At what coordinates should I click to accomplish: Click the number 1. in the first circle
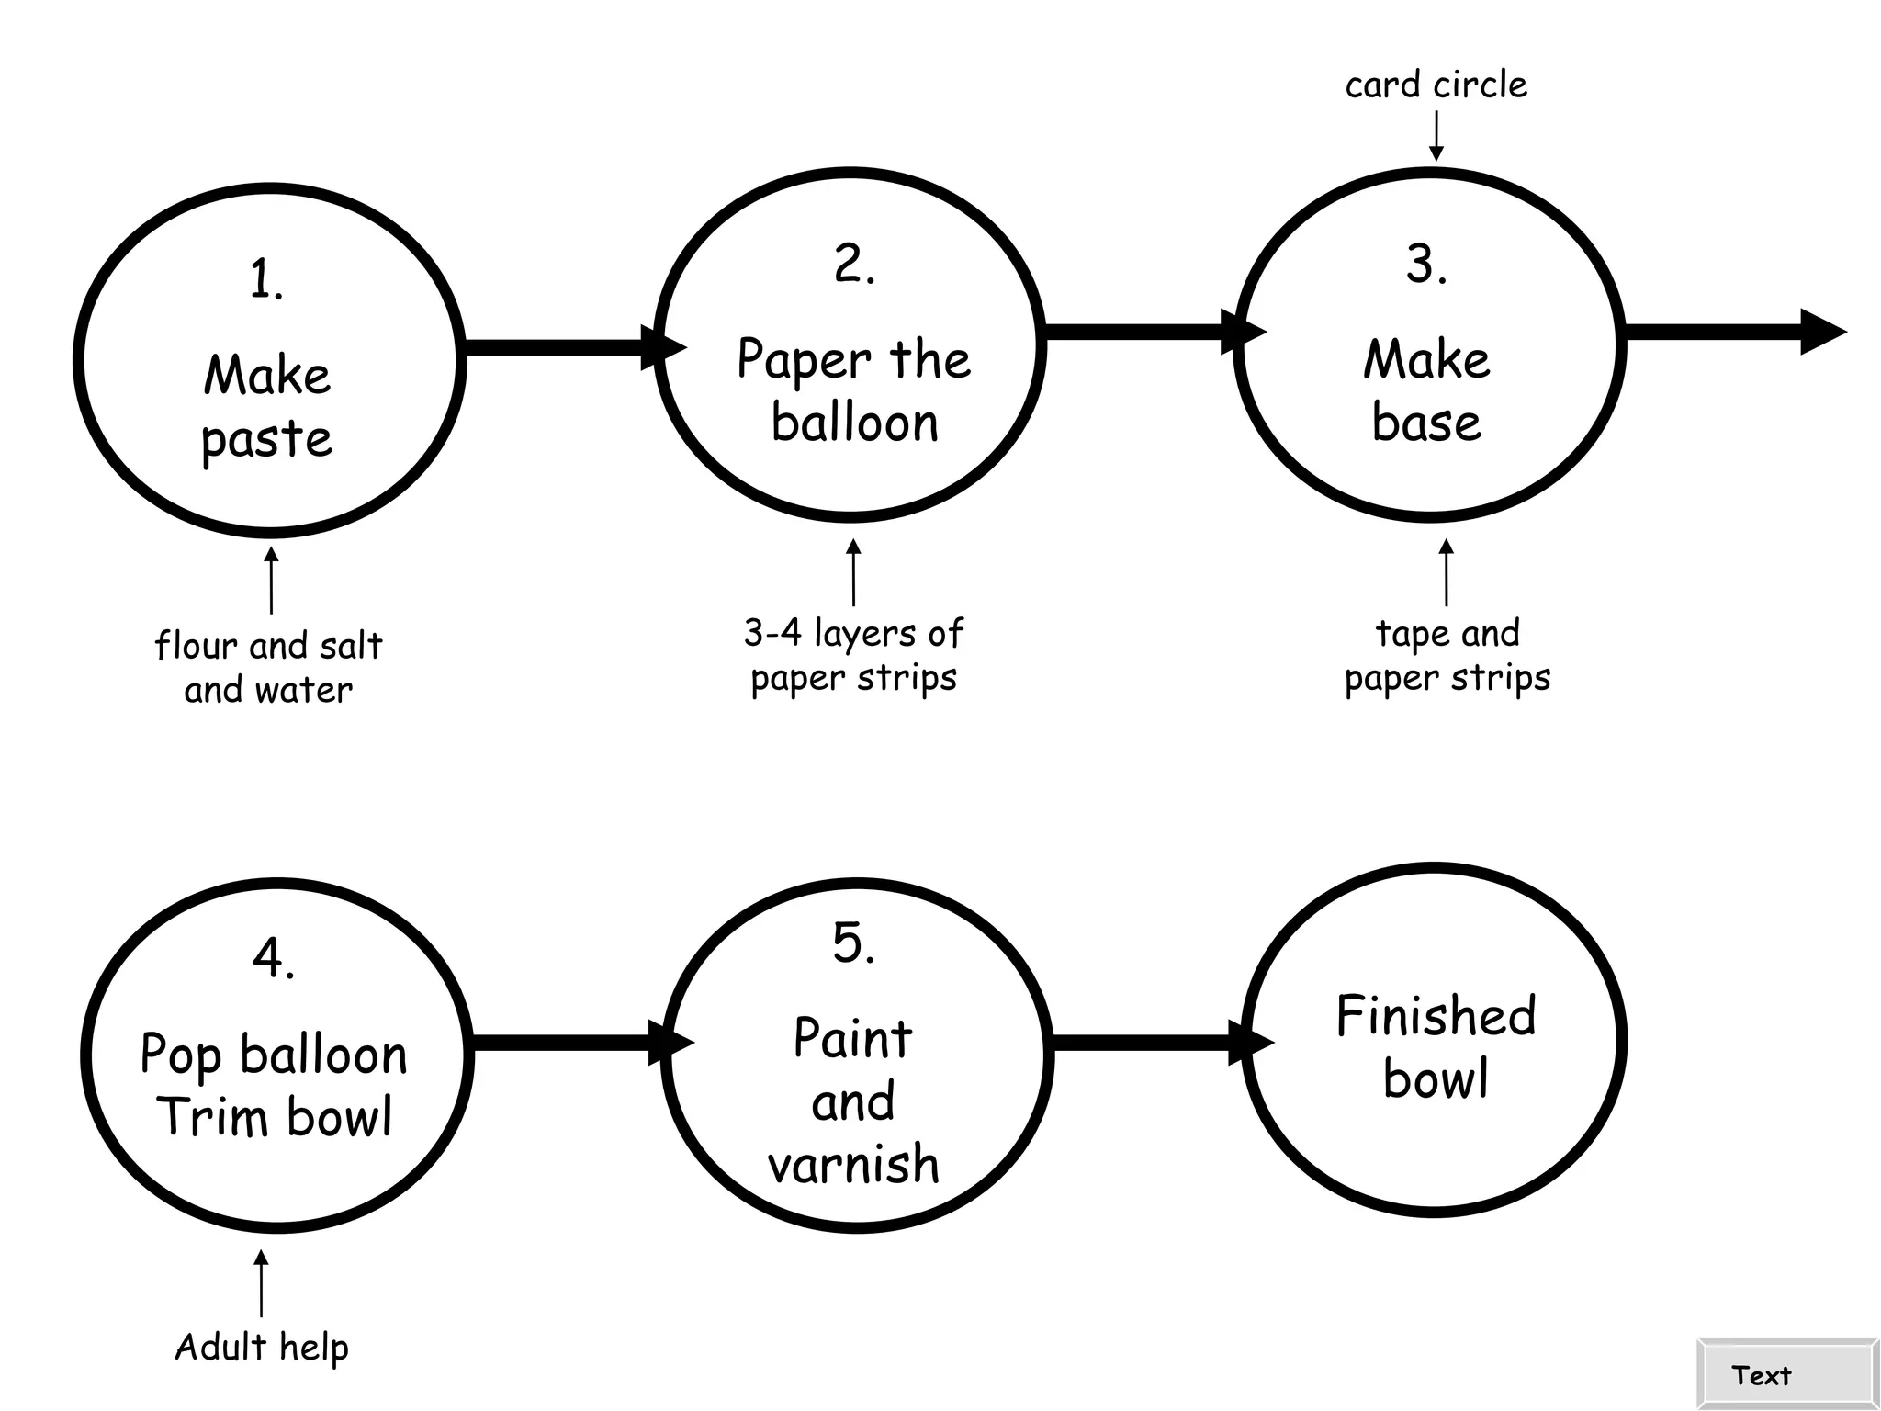266,279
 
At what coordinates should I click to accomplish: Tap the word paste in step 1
266,439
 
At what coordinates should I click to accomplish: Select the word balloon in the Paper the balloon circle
854,423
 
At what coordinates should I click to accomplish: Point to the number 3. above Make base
1426,265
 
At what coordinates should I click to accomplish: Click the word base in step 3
1426,423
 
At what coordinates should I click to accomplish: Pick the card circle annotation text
1436,85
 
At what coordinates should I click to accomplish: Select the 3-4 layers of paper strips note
854,655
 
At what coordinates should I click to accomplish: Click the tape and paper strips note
1447,655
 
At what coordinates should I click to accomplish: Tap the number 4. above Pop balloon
274,959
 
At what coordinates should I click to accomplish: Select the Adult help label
262,1348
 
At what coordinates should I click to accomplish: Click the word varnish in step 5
854,1165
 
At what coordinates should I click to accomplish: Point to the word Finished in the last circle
1436,1016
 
